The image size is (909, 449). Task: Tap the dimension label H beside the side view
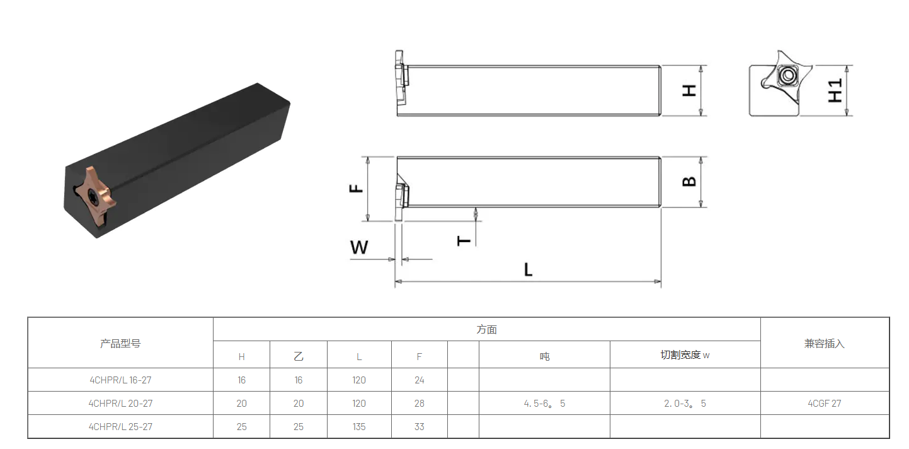689,91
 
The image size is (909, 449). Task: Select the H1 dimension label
835,91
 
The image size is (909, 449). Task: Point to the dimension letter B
689,181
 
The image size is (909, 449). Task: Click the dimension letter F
356,188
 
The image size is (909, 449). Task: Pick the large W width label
359,247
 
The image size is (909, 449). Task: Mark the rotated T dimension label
464,241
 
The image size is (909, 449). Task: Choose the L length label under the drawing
528,269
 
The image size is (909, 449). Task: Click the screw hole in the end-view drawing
788,75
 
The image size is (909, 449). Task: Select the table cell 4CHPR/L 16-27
120,380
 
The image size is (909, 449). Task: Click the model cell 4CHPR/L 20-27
120,404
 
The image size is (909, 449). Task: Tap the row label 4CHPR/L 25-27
120,427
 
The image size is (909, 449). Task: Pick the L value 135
358,427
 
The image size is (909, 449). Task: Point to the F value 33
419,427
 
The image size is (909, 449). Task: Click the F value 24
419,380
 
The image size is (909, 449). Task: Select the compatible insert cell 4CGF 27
824,404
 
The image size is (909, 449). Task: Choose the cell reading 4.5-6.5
544,404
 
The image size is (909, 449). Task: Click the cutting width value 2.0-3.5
685,404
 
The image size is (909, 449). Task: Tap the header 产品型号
120,343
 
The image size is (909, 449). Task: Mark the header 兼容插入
824,343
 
